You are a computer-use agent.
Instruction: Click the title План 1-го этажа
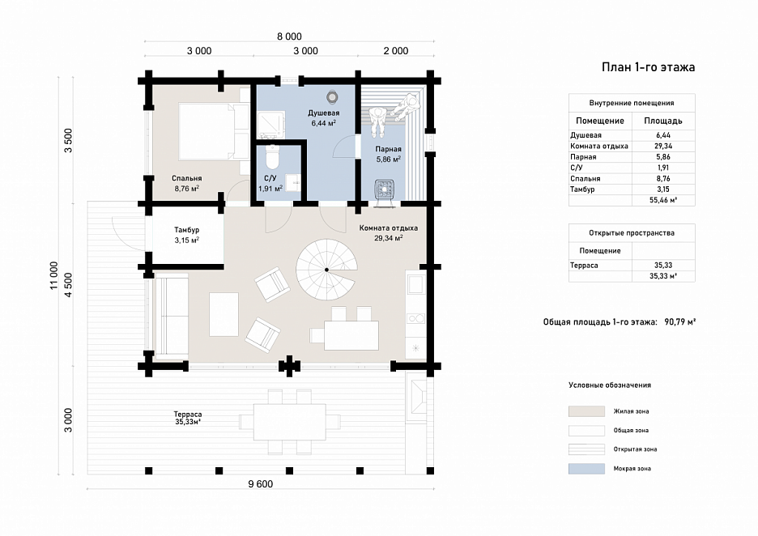(x=648, y=67)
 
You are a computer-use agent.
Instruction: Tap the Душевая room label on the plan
(x=323, y=113)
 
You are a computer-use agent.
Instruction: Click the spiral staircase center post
(x=327, y=270)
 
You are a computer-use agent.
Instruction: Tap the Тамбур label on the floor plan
(x=186, y=230)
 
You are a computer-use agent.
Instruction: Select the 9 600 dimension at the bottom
(x=261, y=484)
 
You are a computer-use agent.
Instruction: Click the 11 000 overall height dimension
(x=53, y=275)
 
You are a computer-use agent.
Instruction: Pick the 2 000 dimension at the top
(x=396, y=51)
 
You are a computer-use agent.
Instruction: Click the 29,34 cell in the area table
(x=663, y=146)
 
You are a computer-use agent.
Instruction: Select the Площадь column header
(x=662, y=121)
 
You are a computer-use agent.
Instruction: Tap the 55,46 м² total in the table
(x=663, y=200)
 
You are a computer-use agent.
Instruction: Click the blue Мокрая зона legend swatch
(x=586, y=468)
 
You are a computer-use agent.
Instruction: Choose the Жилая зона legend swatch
(x=586, y=411)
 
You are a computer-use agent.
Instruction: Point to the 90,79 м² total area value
(x=679, y=322)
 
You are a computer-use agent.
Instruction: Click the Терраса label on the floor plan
(x=188, y=415)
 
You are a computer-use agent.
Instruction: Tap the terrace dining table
(x=290, y=422)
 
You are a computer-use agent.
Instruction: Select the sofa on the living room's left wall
(x=171, y=316)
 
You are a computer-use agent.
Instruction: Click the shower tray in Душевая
(x=270, y=123)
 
